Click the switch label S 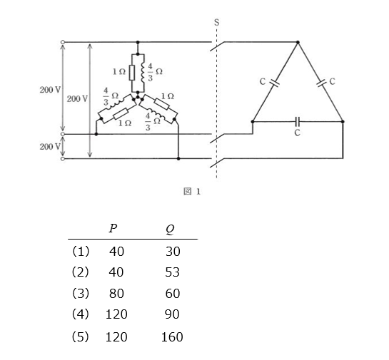point(216,23)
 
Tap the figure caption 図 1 point(192,191)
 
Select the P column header point(113,228)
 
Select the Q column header point(170,229)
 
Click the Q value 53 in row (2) point(173,272)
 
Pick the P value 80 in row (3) point(116,294)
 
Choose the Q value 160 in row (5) point(172,337)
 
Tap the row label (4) point(80,314)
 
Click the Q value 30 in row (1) point(173,251)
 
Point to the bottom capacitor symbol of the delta point(298,121)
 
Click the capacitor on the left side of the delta point(275,83)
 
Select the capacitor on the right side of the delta point(321,83)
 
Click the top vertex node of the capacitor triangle point(298,42)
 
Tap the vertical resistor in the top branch point(132,73)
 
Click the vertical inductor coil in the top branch point(143,73)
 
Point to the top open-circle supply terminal point(63,42)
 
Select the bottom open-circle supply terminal point(63,158)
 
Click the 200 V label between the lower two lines point(50,147)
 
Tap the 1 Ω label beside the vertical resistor point(119,72)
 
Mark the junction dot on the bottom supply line point(178,158)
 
